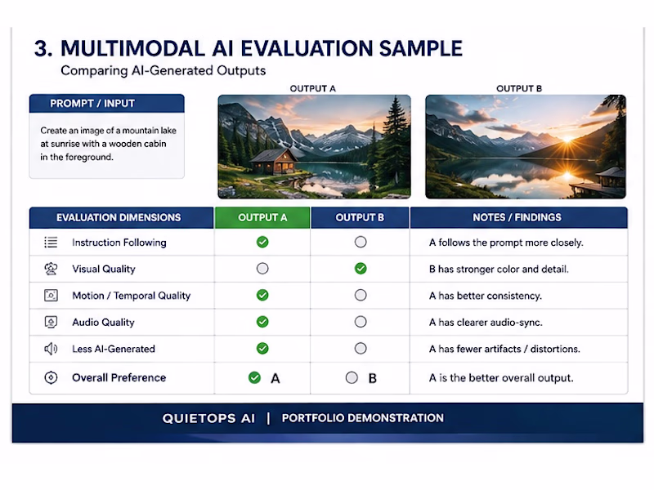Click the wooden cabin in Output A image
click(x=274, y=162)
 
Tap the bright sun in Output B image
click(x=568, y=139)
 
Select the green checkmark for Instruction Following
click(x=262, y=242)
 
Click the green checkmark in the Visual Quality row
click(x=361, y=269)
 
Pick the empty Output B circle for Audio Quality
click(x=361, y=322)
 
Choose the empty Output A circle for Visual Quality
click(x=262, y=269)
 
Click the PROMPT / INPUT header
click(x=92, y=104)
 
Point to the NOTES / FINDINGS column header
click(x=517, y=217)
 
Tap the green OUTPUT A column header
click(x=262, y=217)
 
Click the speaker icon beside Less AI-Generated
click(x=51, y=349)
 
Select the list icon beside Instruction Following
click(x=51, y=242)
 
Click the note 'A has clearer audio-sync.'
click(x=486, y=322)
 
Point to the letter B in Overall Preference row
click(x=373, y=378)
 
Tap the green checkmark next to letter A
click(x=254, y=377)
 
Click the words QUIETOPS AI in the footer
click(x=208, y=418)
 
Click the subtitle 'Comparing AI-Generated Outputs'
click(x=163, y=70)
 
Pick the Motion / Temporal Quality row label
click(x=132, y=296)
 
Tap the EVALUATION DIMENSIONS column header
click(x=119, y=217)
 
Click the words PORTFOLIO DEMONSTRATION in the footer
click(x=362, y=418)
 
